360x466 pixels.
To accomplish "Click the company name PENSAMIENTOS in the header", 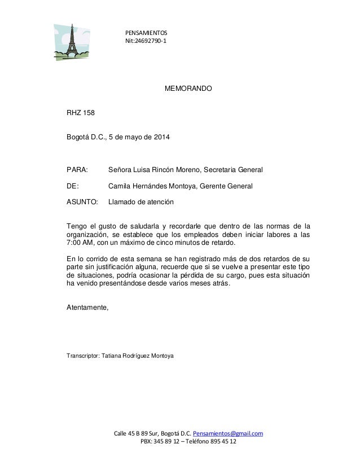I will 142,33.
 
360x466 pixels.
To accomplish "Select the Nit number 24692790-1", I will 151,42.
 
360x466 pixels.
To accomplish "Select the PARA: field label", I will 77,169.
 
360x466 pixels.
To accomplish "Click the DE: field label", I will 73,186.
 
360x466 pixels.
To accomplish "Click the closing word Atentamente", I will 87,308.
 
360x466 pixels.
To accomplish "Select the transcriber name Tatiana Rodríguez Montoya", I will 138,357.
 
